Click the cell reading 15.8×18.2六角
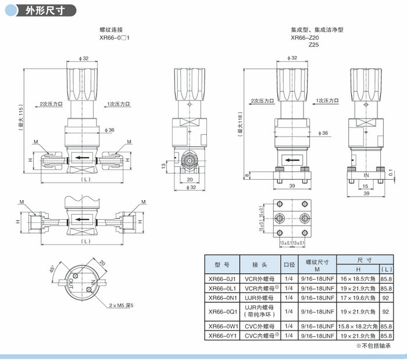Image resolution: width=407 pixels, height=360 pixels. [x=358, y=326]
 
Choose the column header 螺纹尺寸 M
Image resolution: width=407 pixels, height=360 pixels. [x=317, y=265]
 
